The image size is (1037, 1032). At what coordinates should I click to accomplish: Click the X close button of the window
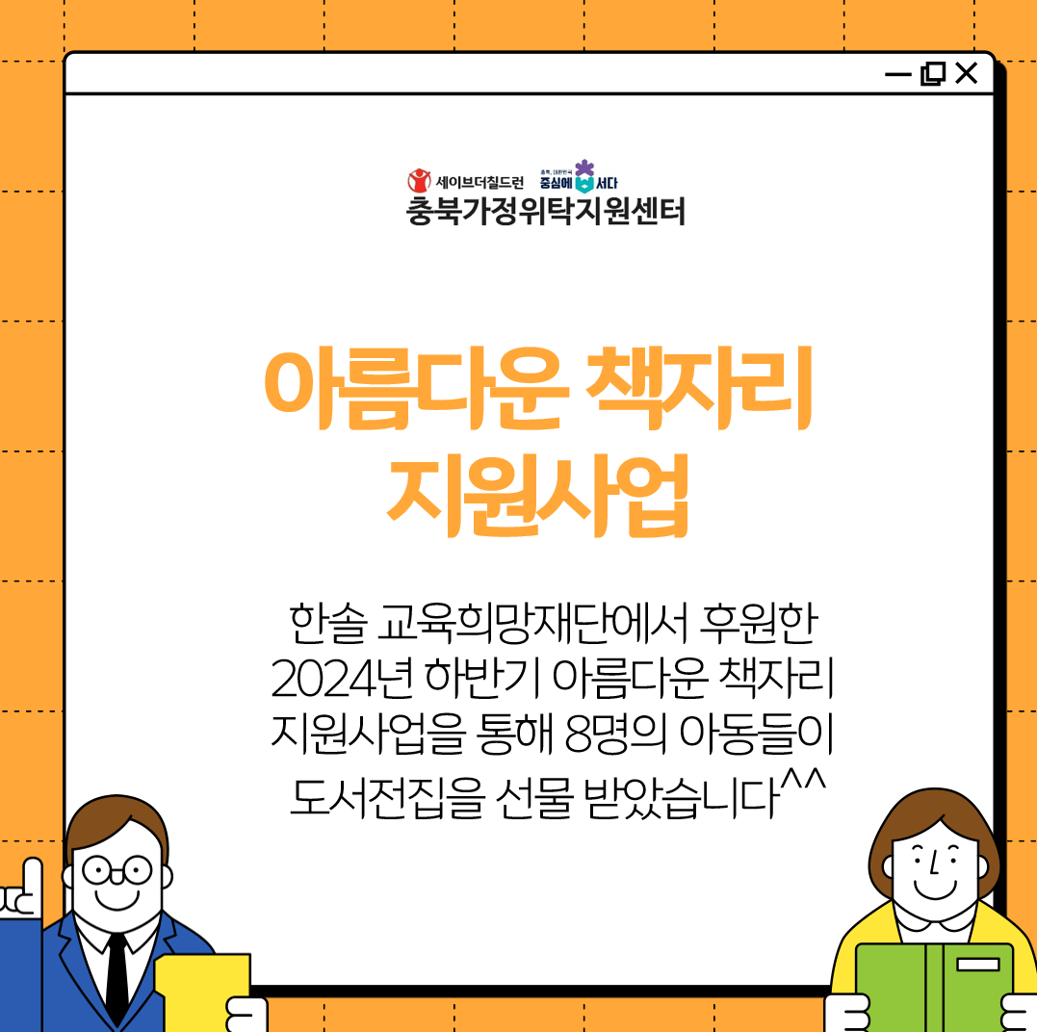pos(967,73)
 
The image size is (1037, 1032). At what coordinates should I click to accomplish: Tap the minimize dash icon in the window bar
pos(898,75)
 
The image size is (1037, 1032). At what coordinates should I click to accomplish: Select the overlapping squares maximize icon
pos(933,73)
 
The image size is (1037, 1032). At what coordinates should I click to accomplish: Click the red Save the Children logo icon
pos(419,180)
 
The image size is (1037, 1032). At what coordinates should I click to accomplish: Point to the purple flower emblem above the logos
pos(584,168)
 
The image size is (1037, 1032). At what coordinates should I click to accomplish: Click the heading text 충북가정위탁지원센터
pos(546,212)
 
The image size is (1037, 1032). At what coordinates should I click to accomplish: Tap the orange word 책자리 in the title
pos(700,388)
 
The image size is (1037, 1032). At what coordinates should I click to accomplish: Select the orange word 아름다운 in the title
pos(417,388)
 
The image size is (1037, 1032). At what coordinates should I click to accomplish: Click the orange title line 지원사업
pos(537,495)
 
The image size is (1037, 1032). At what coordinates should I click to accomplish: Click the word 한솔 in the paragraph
pos(327,624)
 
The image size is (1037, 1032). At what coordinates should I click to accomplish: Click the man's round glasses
pos(117,870)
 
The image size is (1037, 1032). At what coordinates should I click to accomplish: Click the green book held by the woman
pos(934,988)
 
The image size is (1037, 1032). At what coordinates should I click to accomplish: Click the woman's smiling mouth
pos(935,890)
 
